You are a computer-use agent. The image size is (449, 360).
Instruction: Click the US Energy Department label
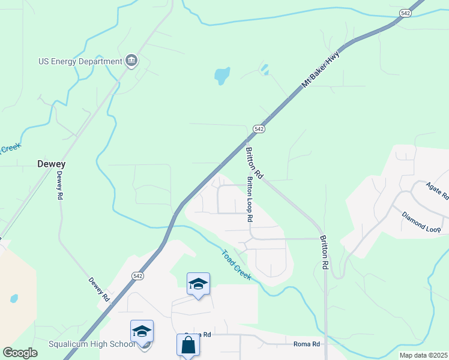pyautogui.click(x=79, y=61)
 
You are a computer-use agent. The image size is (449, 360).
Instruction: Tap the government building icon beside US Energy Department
pyautogui.click(x=131, y=61)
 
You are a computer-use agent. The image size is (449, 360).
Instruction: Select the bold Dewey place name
pyautogui.click(x=51, y=164)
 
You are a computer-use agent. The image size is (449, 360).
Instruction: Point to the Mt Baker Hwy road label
pyautogui.click(x=321, y=70)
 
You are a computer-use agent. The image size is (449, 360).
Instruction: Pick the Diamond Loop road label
pyautogui.click(x=421, y=221)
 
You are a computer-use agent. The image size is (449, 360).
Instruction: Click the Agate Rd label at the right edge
pyautogui.click(x=438, y=191)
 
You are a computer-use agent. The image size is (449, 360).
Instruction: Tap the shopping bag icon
pyautogui.click(x=188, y=346)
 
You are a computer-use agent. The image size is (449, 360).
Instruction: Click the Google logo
pyautogui.click(x=20, y=353)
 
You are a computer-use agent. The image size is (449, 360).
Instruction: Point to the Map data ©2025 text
pyautogui.click(x=423, y=355)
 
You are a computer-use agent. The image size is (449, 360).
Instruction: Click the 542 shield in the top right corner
pyautogui.click(x=405, y=13)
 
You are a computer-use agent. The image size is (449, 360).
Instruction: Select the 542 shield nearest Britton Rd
pyautogui.click(x=259, y=129)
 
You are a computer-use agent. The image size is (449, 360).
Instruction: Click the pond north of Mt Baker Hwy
pyautogui.click(x=222, y=76)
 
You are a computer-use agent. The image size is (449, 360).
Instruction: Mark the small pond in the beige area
pyautogui.click(x=14, y=298)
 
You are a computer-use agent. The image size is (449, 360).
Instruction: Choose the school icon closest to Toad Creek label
pyautogui.click(x=198, y=284)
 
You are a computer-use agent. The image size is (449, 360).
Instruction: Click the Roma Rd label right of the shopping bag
pyautogui.click(x=307, y=344)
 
